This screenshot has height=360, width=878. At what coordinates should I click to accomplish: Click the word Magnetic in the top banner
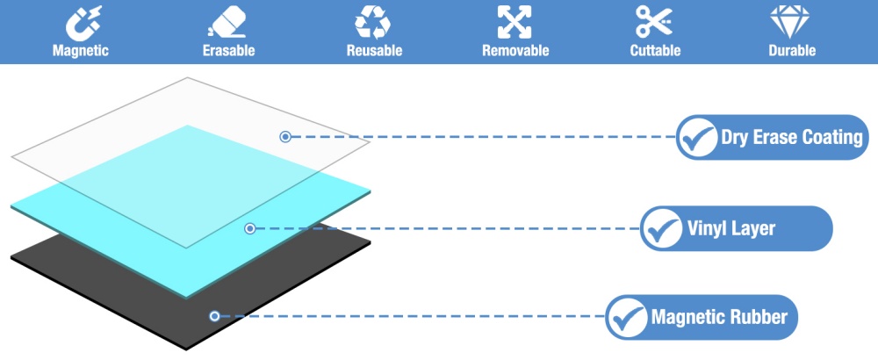tap(81, 50)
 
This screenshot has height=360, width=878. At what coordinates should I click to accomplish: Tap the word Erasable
tap(228, 50)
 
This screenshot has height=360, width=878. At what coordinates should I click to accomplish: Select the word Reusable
tap(374, 50)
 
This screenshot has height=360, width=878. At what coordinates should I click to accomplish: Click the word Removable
tap(515, 50)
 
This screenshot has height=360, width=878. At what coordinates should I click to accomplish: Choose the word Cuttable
tap(655, 50)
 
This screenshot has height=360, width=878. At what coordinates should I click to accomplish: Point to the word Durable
tap(792, 50)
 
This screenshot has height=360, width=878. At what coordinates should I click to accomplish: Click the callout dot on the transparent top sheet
tap(285, 137)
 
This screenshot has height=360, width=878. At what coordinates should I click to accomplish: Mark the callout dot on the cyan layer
tap(250, 228)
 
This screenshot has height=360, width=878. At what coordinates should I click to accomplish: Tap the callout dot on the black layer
tap(214, 316)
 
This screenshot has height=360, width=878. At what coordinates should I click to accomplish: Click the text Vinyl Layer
tap(730, 228)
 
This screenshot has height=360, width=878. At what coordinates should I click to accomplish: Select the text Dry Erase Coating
tap(792, 137)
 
